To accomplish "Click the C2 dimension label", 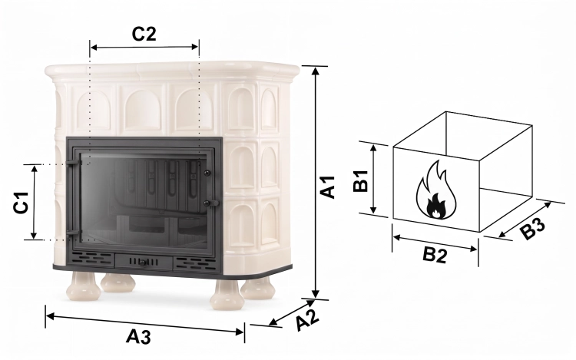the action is click(144, 34).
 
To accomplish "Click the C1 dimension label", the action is click(22, 202).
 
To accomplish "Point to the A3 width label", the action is click(138, 336).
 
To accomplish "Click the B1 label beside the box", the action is click(361, 180).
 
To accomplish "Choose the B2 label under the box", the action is click(435, 255).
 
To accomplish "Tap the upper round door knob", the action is click(207, 173).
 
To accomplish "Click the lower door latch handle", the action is click(210, 203).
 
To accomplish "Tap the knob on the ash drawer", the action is click(142, 262).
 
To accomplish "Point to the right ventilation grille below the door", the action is click(194, 263).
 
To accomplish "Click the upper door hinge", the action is click(74, 162).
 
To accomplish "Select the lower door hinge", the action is click(74, 232).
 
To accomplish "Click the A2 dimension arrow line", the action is click(292, 312).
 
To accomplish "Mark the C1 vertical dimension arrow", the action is click(34, 202).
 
